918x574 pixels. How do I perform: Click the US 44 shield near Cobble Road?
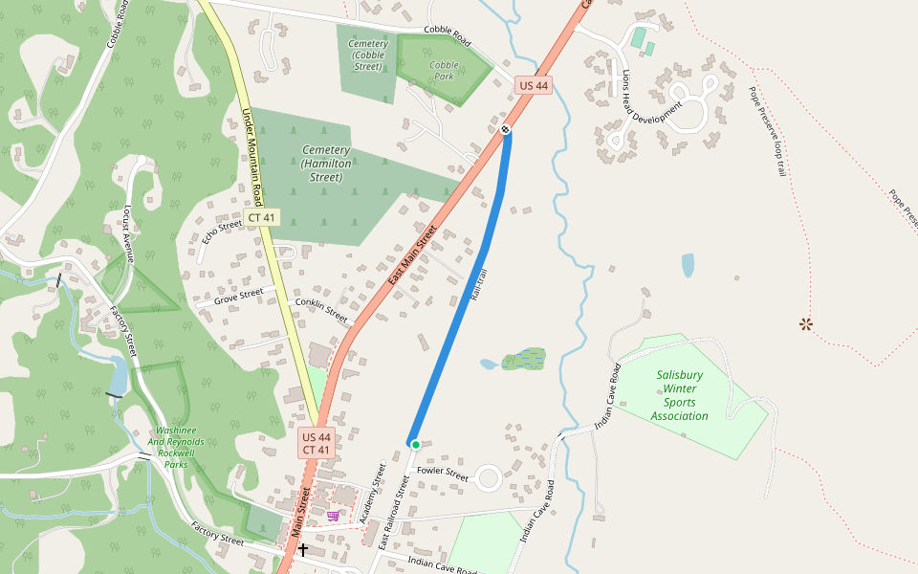(534, 85)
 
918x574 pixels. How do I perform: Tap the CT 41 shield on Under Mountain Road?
(261, 218)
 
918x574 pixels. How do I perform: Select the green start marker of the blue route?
(415, 444)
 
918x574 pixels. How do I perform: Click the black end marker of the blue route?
(505, 129)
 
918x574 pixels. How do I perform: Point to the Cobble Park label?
(444, 70)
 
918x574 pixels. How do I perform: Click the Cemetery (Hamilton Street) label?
(325, 164)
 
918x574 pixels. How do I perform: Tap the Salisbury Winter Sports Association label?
(680, 396)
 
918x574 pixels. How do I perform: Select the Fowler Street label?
(443, 473)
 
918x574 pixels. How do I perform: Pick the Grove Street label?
(238, 297)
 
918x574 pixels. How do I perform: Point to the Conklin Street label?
(321, 309)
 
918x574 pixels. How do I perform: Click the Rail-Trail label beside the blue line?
(479, 286)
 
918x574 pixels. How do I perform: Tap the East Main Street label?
(412, 255)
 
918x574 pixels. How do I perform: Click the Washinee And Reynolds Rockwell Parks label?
(176, 448)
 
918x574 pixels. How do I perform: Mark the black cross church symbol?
(303, 549)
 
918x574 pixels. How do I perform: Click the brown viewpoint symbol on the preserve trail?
(806, 324)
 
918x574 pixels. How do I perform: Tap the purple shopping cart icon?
(333, 516)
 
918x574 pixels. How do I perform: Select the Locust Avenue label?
(127, 232)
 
